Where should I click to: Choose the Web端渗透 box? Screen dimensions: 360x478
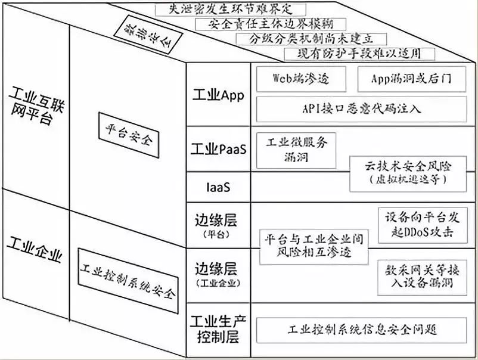(x=301, y=78)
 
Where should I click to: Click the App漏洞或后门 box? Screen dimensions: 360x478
(x=411, y=78)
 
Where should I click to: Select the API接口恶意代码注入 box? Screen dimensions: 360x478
(x=361, y=108)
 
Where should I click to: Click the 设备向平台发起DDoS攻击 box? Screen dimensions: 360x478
(x=423, y=224)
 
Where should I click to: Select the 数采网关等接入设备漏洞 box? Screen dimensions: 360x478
(x=423, y=275)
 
